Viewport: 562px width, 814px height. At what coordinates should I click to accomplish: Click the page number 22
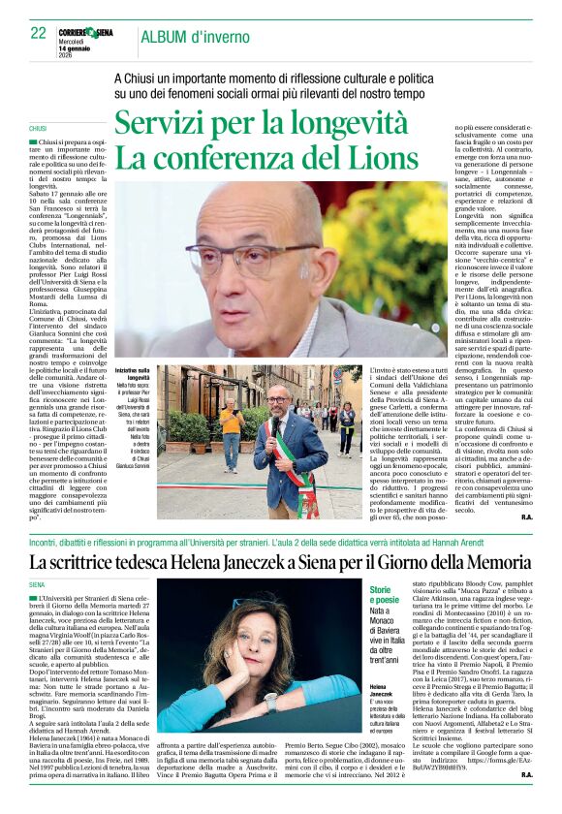(x=39, y=32)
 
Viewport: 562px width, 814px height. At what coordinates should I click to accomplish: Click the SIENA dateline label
(x=37, y=585)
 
